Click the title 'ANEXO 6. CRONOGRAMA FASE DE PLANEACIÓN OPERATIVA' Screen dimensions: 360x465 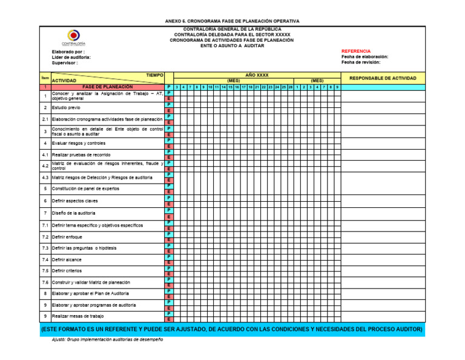pyautogui.click(x=232, y=21)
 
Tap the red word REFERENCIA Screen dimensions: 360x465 pyautogui.click(x=356, y=51)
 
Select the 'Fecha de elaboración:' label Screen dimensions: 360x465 pyautogui.click(x=364, y=56)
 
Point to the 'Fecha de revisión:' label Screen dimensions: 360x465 pyautogui.click(x=361, y=62)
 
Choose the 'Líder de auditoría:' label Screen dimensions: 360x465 pyautogui.click(x=71, y=57)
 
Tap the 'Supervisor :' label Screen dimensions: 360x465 pyautogui.click(x=65, y=62)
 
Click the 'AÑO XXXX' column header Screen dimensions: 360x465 pyautogui.click(x=257, y=75)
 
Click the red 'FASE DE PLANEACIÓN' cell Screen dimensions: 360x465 pyautogui.click(x=108, y=87)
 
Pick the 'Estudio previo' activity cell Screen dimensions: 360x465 pyautogui.click(x=66, y=108)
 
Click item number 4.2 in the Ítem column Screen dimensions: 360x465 pyautogui.click(x=45, y=165)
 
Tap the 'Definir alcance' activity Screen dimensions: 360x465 pyautogui.click(x=67, y=259)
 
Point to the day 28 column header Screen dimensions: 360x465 pyautogui.click(x=290, y=87)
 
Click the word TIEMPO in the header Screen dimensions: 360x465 pyautogui.click(x=155, y=75)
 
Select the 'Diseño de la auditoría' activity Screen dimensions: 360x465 pyautogui.click(x=73, y=213)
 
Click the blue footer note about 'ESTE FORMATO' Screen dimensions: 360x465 pyautogui.click(x=232, y=329)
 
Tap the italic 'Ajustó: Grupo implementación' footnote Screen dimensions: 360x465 pyautogui.click(x=107, y=340)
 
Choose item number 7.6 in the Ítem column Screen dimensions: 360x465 pyautogui.click(x=45, y=282)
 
